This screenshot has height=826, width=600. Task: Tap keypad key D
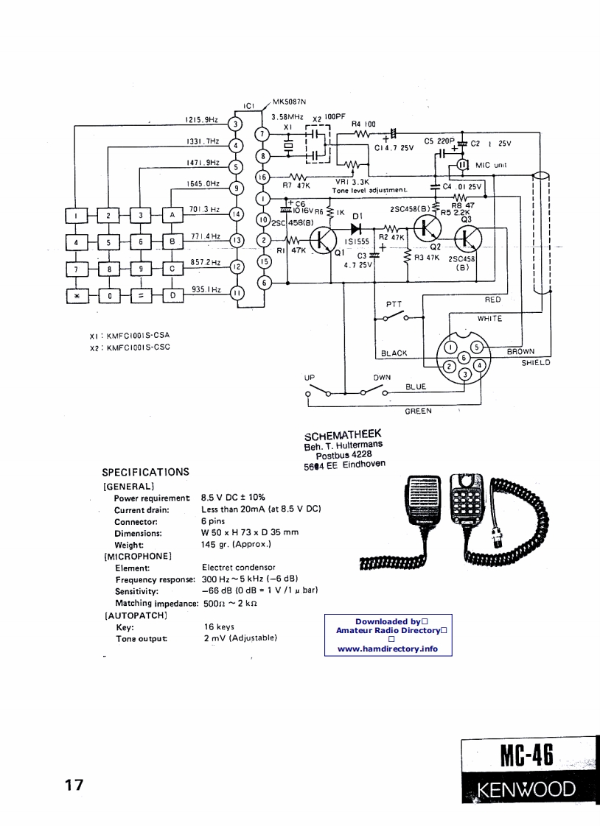(172, 296)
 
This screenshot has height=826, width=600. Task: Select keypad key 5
(109, 241)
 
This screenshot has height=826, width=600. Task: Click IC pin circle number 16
(260, 177)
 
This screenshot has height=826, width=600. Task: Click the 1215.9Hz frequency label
(199, 119)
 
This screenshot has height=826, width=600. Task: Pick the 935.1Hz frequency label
(206, 289)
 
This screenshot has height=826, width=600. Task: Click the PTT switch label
(394, 304)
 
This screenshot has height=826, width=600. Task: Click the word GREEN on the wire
(418, 411)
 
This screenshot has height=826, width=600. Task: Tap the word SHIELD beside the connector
(536, 362)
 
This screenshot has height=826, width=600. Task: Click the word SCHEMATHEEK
(343, 435)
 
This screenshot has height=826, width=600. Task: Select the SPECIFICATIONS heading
(145, 472)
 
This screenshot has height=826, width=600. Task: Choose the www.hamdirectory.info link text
(388, 649)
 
